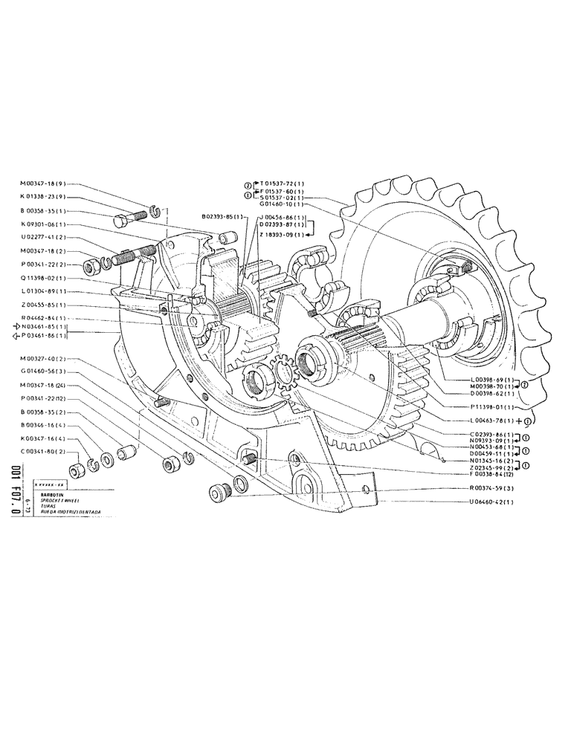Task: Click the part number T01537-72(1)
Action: (279, 183)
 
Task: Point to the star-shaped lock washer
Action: (283, 369)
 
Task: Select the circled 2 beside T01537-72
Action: (248, 184)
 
